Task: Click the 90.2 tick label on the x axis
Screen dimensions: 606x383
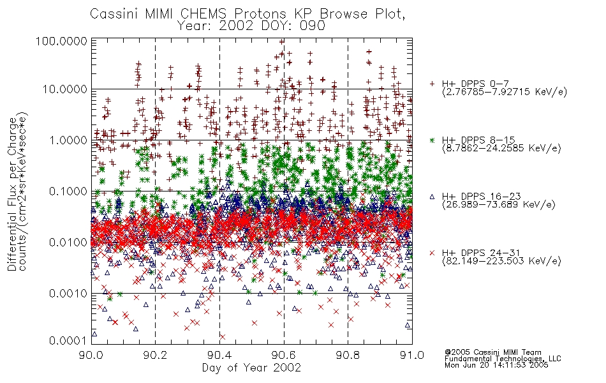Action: pyautogui.click(x=156, y=355)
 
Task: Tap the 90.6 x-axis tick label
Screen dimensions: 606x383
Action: pyautogui.click(x=284, y=355)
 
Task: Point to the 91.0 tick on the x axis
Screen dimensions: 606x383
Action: pyautogui.click(x=412, y=355)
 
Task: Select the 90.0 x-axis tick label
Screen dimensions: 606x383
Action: pyautogui.click(x=91, y=355)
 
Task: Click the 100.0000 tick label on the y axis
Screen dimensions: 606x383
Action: pyautogui.click(x=61, y=41)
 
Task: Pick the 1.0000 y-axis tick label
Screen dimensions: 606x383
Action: pyautogui.click(x=68, y=140)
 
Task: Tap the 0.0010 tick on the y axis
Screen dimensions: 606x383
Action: pyautogui.click(x=68, y=293)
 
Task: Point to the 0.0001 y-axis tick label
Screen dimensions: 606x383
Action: pyautogui.click(x=68, y=341)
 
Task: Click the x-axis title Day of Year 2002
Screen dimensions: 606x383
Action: pyautogui.click(x=251, y=368)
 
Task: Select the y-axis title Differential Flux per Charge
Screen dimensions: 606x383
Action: pyautogui.click(x=12, y=194)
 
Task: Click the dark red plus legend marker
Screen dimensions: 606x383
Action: pyautogui.click(x=432, y=84)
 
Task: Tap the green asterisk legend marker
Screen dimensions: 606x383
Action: pyautogui.click(x=432, y=140)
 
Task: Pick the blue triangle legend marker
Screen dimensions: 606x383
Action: pyautogui.click(x=432, y=197)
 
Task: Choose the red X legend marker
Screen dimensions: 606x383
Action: pyautogui.click(x=432, y=253)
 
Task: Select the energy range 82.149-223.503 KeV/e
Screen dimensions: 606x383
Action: pyautogui.click(x=501, y=261)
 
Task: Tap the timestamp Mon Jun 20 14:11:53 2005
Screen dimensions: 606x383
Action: pyautogui.click(x=496, y=365)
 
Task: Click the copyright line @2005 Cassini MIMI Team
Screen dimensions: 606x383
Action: pyautogui.click(x=492, y=352)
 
